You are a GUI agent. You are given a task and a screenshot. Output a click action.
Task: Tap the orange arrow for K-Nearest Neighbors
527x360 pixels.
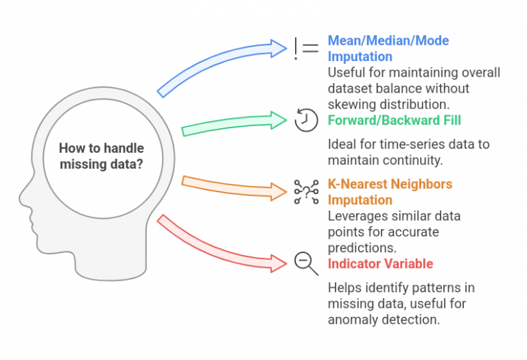[233, 187]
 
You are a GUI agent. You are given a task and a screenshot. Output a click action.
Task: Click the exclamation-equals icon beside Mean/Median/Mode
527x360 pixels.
[305, 47]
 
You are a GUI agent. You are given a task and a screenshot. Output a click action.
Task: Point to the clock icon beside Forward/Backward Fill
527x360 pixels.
[305, 119]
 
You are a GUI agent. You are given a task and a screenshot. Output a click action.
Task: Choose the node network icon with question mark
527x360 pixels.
[305, 192]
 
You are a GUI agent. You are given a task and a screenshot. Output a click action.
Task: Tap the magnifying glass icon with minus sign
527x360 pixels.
[305, 263]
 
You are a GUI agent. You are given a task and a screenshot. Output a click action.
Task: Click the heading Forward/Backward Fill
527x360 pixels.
[394, 120]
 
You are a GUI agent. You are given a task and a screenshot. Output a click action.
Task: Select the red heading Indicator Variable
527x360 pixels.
[380, 264]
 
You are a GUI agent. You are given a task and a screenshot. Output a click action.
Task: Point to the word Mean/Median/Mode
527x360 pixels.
[388, 40]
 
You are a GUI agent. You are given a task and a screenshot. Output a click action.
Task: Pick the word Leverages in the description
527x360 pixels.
[355, 216]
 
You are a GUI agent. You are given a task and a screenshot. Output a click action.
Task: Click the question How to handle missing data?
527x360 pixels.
[102, 156]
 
